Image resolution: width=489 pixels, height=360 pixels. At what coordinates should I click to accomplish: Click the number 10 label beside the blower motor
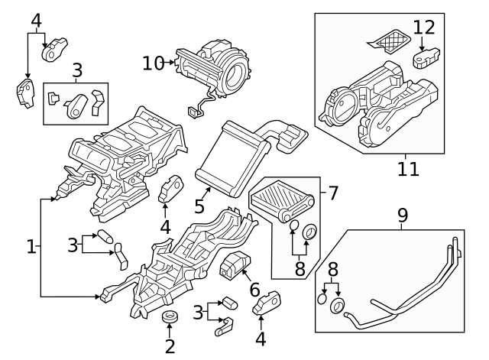pos(154,63)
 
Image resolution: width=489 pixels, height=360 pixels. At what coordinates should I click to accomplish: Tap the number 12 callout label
pos(424,28)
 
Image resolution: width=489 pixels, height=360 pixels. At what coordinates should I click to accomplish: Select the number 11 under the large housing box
pos(408,167)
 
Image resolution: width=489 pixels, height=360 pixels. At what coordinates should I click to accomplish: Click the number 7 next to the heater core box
pos(333,193)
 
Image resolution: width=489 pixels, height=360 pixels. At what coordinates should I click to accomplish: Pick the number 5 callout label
pos(200,206)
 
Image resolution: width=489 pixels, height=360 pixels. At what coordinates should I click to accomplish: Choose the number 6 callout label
pos(255,290)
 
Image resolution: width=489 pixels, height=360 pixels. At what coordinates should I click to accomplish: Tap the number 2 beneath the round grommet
pos(170,345)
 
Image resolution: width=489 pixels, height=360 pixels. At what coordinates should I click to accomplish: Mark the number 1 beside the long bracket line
pos(31,247)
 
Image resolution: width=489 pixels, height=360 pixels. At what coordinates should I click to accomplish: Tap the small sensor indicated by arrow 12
pos(425,59)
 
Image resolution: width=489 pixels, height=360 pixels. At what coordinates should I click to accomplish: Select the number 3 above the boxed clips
pos(76,71)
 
